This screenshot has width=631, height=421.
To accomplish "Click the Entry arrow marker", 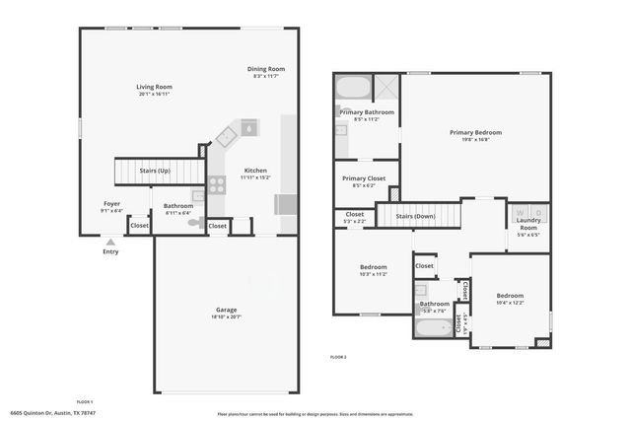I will point(110,241).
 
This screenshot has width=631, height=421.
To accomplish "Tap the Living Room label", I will point(155,88).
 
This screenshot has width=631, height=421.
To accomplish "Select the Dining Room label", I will point(265,68).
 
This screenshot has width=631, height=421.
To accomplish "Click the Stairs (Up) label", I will point(155,171).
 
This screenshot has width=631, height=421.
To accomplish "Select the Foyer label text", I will point(111,203).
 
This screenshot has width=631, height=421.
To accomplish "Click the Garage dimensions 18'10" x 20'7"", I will point(227,317).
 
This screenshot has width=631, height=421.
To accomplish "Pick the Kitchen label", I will point(255,171).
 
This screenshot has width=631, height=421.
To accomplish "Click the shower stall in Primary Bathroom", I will point(386,88).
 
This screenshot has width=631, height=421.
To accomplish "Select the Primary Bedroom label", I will point(475,132).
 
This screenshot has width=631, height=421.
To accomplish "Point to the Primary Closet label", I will point(364,178).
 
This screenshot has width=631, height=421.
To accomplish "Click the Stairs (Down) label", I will point(415,215).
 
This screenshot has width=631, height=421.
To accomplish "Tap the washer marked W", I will point(520,213).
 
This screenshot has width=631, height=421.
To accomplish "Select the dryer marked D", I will point(537,213).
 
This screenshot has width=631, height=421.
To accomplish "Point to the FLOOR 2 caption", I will point(338,356).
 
